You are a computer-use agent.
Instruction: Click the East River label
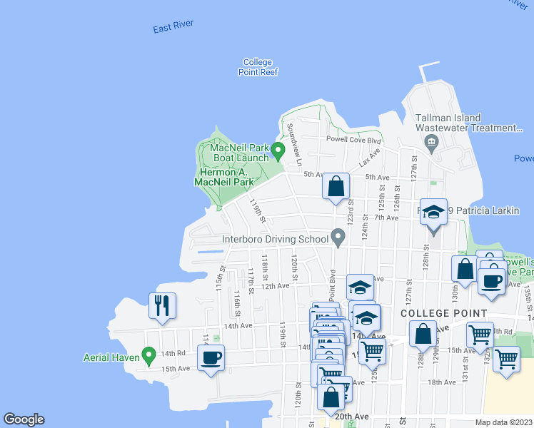(x=173, y=29)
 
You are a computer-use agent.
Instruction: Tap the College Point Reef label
(x=258, y=67)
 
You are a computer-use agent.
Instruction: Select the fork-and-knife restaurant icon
(x=161, y=305)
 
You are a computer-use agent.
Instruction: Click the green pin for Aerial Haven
(x=149, y=354)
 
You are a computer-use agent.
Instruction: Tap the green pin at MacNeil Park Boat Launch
(x=278, y=151)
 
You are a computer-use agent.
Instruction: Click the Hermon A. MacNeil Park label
(x=225, y=177)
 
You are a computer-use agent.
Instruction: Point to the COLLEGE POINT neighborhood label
(x=443, y=313)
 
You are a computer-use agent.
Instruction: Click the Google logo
(x=24, y=419)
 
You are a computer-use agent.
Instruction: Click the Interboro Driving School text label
(x=275, y=240)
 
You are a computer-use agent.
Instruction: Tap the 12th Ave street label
(x=275, y=286)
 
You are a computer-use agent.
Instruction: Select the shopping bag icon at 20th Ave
(x=331, y=397)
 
